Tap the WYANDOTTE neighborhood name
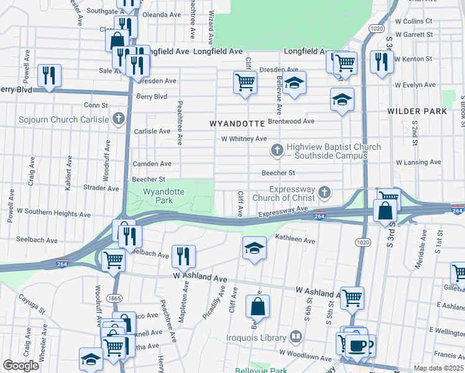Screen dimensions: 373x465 tap(237, 124)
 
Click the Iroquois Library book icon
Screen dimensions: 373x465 tap(296, 338)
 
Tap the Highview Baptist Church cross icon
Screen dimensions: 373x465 tap(277, 150)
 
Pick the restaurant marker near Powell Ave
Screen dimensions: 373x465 tap(47, 75)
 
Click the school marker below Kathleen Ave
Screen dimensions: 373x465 tap(254, 247)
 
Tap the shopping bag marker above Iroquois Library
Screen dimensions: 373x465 tap(257, 306)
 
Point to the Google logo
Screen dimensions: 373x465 tap(21, 366)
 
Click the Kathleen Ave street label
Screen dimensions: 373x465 tap(295, 240)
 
